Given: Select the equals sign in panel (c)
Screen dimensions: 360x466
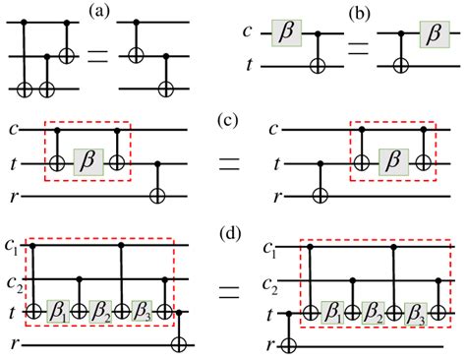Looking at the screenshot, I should coord(230,162).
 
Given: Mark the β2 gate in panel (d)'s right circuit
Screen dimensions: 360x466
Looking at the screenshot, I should coord(366,314).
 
